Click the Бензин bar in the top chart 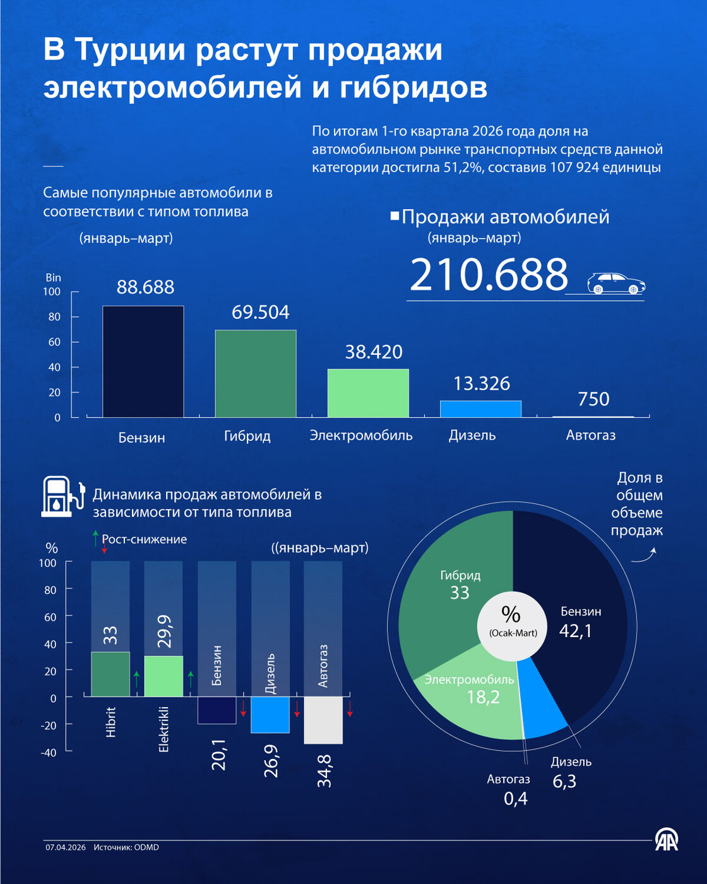[143, 361]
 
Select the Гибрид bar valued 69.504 [256, 373]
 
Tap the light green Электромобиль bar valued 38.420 [368, 393]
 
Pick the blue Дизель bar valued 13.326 [480, 409]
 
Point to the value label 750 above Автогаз [593, 399]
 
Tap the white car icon [615, 284]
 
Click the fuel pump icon [62, 496]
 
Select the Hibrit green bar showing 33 [110, 674]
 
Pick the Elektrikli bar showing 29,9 [163, 676]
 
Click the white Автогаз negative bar [323, 720]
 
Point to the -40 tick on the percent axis [49, 752]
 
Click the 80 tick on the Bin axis [54, 317]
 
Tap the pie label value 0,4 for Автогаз [516, 799]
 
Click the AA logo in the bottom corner [666, 839]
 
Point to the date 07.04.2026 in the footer [65, 847]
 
